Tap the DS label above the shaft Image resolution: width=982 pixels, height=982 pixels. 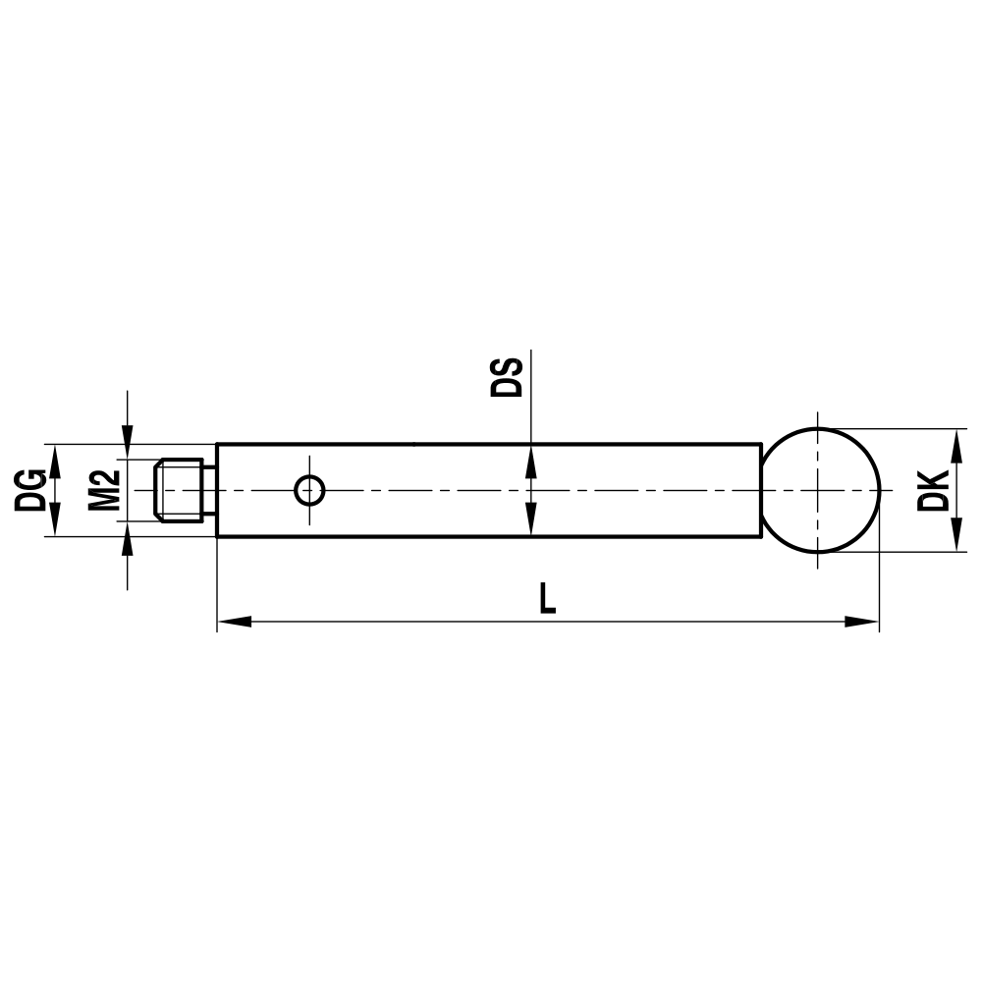[x=508, y=377]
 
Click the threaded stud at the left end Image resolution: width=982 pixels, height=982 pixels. [x=180, y=490]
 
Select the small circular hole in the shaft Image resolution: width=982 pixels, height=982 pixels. [x=309, y=489]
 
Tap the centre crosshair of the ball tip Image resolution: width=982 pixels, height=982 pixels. [x=818, y=489]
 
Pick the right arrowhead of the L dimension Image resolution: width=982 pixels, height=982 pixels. [x=861, y=621]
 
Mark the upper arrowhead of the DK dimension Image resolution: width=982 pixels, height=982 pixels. [x=955, y=443]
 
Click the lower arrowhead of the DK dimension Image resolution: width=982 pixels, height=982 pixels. [x=955, y=537]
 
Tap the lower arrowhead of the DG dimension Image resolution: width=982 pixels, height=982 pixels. [x=55, y=521]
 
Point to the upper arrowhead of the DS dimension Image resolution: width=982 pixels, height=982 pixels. [x=530, y=460]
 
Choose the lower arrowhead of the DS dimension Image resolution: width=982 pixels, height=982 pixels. [x=530, y=520]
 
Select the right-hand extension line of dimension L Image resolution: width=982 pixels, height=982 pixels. [x=879, y=589]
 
